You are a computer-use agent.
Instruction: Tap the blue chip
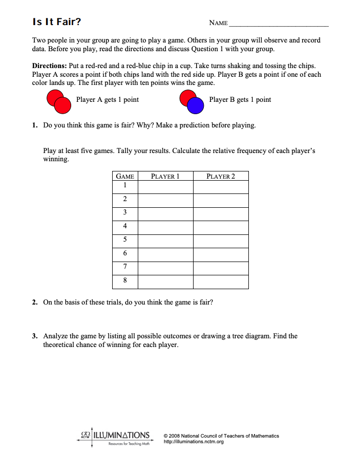195,106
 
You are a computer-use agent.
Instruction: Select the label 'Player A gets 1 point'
107,99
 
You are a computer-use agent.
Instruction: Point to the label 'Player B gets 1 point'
240,99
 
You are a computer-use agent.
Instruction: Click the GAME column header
125,177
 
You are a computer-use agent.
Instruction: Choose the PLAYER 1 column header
165,177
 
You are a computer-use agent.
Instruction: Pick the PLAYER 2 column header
220,177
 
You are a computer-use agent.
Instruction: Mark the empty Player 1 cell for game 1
165,187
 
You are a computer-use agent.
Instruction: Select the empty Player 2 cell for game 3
220,214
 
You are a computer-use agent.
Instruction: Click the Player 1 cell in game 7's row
165,268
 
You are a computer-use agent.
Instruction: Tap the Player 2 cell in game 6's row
220,254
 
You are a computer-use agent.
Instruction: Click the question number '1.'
35,125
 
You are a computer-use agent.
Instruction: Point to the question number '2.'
35,302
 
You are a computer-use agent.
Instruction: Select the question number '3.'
35,336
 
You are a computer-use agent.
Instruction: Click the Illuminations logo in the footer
115,437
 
